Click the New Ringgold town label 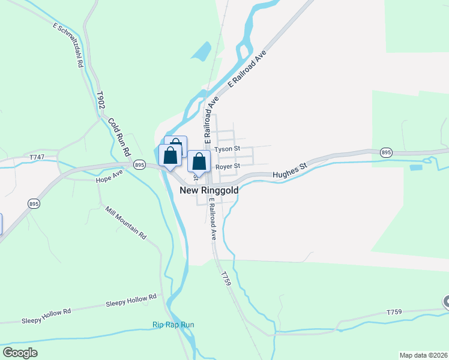tap(209, 190)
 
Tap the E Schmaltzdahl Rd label tap(67, 46)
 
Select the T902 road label tap(102, 100)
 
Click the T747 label tap(37, 157)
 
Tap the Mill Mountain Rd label tap(126, 223)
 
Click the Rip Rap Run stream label tap(173, 325)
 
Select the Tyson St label tap(228, 148)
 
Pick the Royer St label tap(228, 166)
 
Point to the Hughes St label tap(290, 170)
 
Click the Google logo tap(20, 352)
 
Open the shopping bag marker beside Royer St tap(199, 161)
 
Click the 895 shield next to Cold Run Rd tap(140, 164)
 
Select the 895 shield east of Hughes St tap(387, 152)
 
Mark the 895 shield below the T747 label tap(33, 204)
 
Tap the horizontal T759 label tap(394, 312)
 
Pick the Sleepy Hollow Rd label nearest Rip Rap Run tap(131, 301)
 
